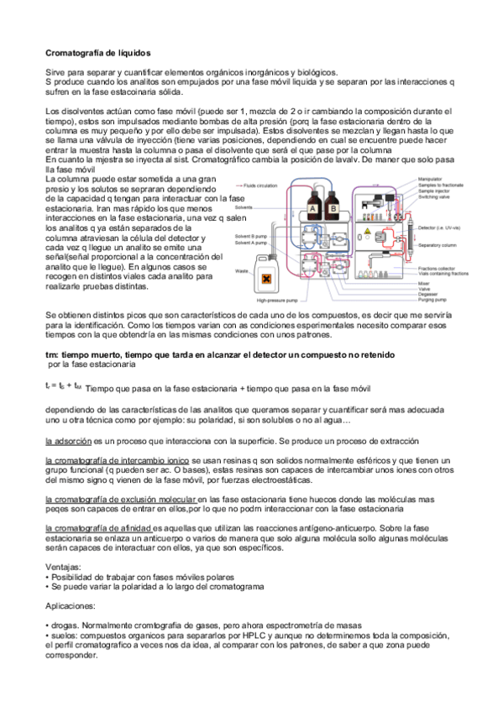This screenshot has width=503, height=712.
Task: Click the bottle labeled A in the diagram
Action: click(x=313, y=208)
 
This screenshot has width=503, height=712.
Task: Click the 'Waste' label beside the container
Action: click(x=241, y=270)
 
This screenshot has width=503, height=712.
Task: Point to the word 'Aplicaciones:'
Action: click(x=70, y=605)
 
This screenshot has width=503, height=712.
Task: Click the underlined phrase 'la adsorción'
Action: click(x=69, y=440)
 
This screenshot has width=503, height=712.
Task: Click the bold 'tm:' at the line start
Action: click(x=51, y=354)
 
